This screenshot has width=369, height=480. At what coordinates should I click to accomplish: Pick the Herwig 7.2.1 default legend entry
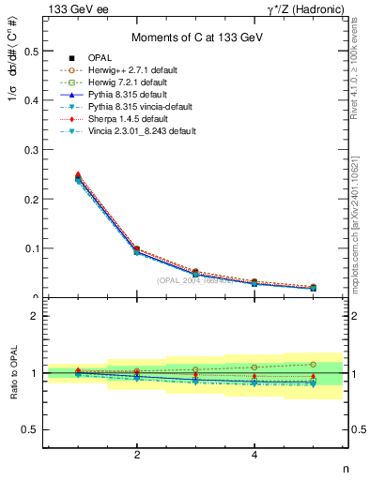click(139, 82)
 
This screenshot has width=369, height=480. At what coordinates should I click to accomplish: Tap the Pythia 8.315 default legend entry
click(136, 95)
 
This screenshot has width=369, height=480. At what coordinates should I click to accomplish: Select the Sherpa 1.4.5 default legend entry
click(135, 119)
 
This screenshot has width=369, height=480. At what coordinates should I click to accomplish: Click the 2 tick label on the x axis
click(137, 455)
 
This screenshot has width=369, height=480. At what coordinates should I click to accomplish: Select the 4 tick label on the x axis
click(254, 455)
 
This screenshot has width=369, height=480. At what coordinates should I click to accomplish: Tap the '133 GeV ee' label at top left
click(74, 8)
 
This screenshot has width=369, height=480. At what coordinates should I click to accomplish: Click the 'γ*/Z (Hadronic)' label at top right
click(303, 8)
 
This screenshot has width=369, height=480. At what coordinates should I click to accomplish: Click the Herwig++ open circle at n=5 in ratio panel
click(313, 364)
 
